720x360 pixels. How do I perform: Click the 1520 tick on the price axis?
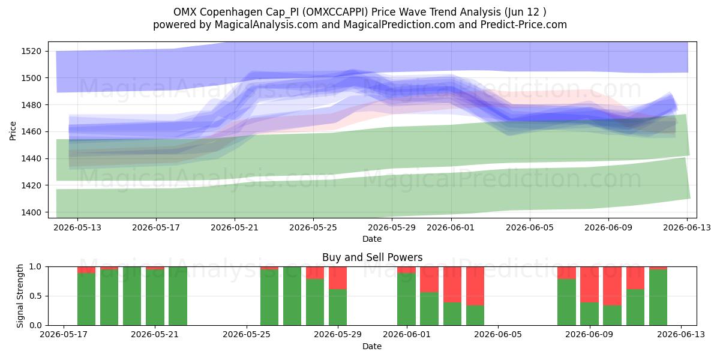coord(31,51)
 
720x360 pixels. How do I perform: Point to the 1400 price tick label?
coord(31,212)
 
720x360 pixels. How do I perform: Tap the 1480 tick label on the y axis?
coord(31,105)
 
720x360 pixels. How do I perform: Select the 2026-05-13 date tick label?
coord(77,227)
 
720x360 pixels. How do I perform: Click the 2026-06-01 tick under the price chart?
coord(451,227)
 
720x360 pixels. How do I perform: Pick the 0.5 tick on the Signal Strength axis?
coord(35,296)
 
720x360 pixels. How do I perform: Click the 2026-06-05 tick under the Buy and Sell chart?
coord(498,334)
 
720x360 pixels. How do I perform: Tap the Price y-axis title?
coord(13,131)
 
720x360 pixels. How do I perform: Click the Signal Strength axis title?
coord(20,296)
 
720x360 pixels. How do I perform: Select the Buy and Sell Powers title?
coord(372,257)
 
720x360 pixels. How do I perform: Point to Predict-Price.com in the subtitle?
coord(524,25)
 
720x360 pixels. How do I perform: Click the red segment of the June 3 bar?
coord(452,284)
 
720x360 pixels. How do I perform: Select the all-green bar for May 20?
coord(132,296)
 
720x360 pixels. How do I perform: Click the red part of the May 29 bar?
coord(338,278)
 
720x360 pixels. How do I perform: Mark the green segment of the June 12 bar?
coord(658,298)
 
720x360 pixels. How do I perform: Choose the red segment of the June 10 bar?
coord(612,286)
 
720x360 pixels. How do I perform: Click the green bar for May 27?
coord(292,296)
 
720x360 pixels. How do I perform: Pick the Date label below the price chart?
coord(372,239)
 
